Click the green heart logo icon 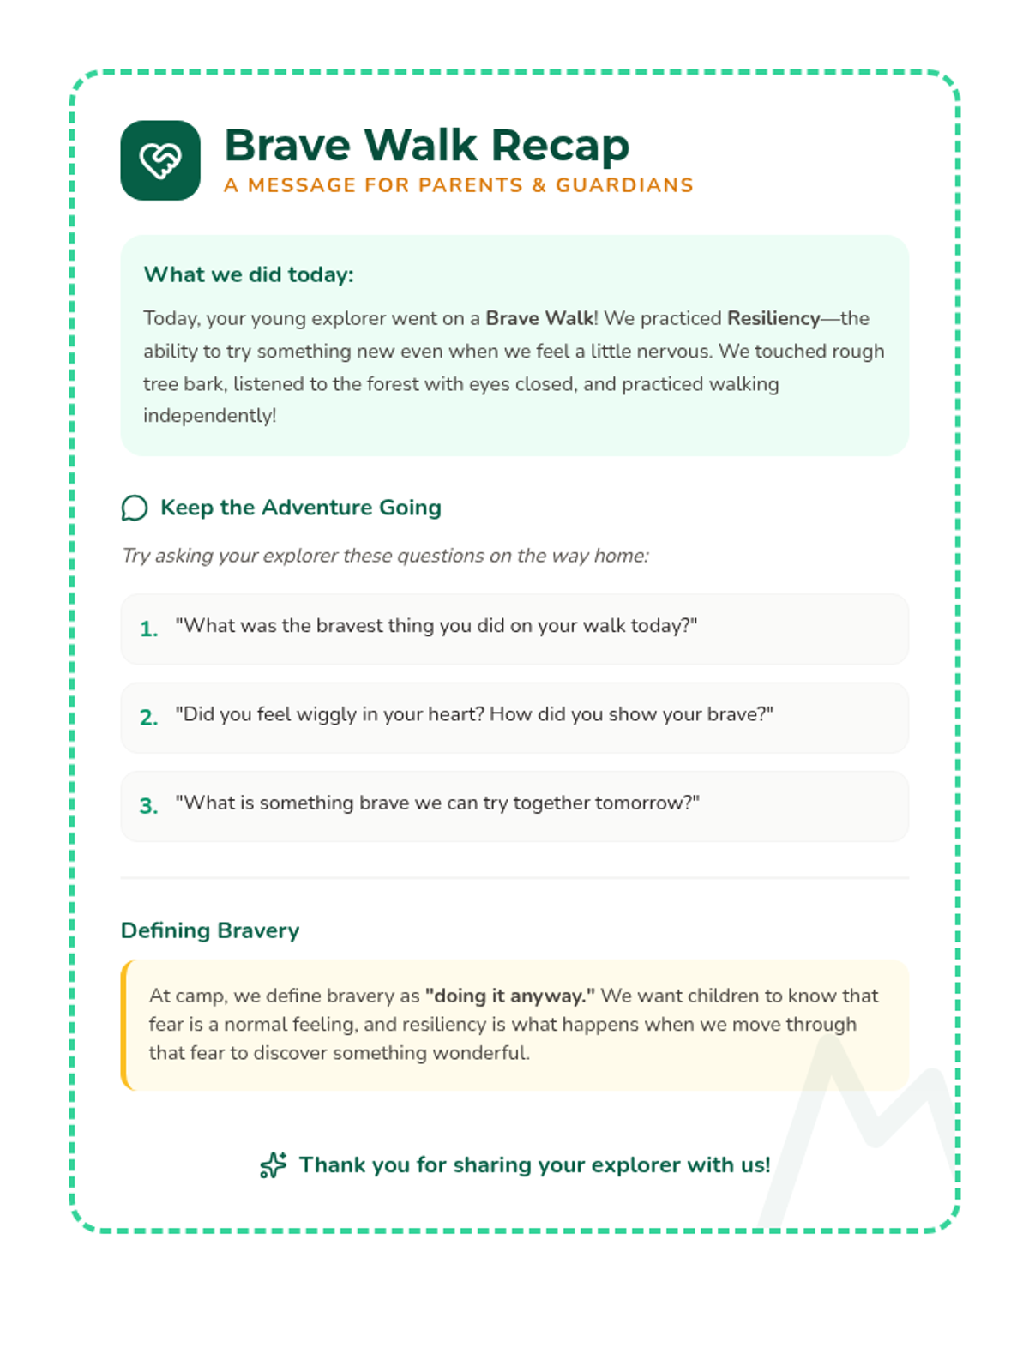[160, 160]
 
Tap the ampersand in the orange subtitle [539, 185]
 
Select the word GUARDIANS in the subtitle [624, 185]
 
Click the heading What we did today [249, 274]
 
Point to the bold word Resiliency [773, 318]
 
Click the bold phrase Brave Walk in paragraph [539, 318]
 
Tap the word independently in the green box [208, 416]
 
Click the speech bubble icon [135, 508]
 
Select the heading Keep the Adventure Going [301, 508]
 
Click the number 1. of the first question [149, 629]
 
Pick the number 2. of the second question [149, 718]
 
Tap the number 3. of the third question [149, 806]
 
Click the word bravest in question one [349, 626]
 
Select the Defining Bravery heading [210, 930]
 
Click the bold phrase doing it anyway [509, 996]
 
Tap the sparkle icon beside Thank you [274, 1165]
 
